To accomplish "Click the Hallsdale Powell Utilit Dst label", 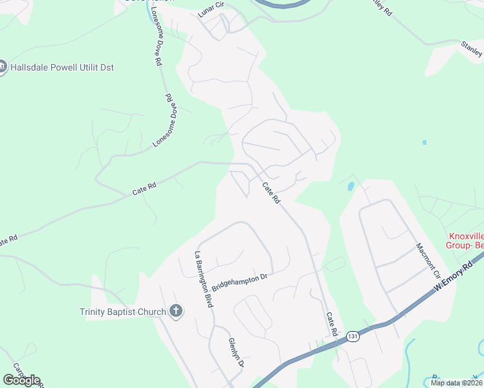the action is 61,67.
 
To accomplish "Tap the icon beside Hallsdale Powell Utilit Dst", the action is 2,67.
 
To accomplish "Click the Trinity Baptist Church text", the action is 123,312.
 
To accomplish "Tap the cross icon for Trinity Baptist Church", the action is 175,312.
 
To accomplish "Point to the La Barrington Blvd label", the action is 201,279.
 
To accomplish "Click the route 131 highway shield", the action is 353,337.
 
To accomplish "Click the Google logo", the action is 21,380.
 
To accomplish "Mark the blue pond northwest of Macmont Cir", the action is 351,186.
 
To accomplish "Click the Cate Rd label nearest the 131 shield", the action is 332,324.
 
